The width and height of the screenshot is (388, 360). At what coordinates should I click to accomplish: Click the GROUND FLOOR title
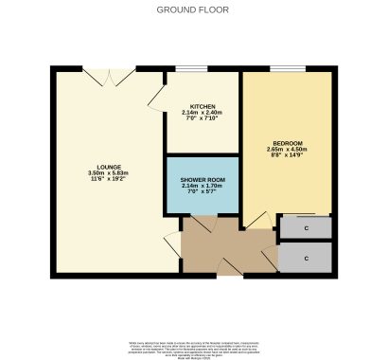193,9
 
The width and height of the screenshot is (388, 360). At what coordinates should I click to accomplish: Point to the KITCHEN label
202,106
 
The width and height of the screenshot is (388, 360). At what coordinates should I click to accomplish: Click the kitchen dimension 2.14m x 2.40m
202,113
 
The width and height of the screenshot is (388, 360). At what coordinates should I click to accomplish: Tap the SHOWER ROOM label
202,178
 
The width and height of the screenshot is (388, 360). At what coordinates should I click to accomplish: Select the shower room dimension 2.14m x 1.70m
202,186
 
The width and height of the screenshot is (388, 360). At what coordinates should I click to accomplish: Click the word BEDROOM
287,142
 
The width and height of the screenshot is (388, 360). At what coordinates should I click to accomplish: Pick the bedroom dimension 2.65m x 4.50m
287,150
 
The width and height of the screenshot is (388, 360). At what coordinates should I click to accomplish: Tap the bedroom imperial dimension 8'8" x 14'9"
287,156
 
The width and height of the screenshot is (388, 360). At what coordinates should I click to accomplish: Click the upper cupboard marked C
307,227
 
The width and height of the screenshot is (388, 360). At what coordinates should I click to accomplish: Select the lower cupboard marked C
307,257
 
